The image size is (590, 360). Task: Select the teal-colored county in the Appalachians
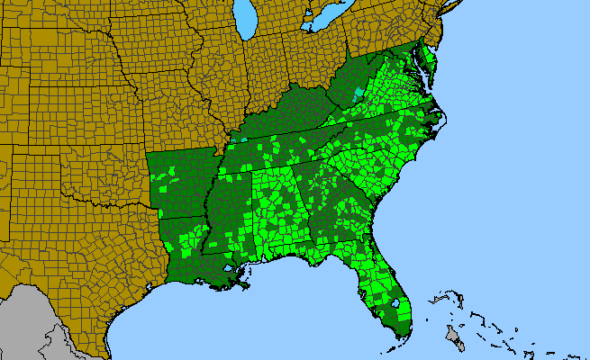pos(360,91)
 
